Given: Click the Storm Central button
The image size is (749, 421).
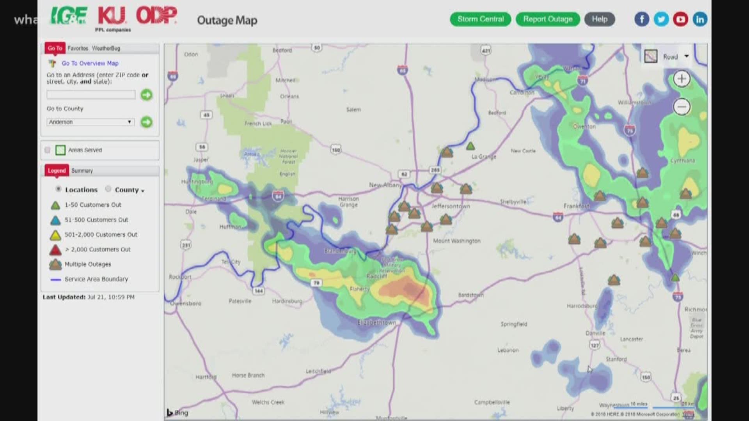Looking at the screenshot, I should tap(480, 19).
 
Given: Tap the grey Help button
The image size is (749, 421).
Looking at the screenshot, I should tap(599, 19).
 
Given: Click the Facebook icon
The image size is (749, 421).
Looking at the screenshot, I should tap(642, 19).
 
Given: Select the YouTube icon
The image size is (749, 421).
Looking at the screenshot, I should tap(680, 19).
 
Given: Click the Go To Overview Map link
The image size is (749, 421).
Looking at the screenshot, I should tap(90, 63).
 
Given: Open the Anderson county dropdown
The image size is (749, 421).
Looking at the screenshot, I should tap(91, 122).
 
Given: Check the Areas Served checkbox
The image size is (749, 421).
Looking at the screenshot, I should tap(48, 150).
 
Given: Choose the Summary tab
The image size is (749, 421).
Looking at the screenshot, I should tap(82, 171).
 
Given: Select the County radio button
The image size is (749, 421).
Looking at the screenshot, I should tap(108, 189).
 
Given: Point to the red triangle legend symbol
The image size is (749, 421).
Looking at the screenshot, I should tap(55, 249).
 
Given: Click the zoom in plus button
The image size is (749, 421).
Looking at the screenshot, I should tap(682, 79).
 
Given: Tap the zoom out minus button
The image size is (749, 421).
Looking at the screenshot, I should tap(682, 107).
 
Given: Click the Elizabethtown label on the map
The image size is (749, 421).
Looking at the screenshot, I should tap(377, 323).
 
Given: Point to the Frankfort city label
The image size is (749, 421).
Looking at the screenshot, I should tap(576, 206).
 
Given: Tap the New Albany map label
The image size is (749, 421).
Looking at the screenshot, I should tap(385, 185).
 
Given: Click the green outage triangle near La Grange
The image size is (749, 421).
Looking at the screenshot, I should tap(470, 146).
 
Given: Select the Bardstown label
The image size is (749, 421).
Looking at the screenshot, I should tap(471, 295).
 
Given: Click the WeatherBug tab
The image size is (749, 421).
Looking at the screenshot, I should tap(106, 48).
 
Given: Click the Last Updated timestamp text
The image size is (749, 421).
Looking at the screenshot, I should tap(89, 297).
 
